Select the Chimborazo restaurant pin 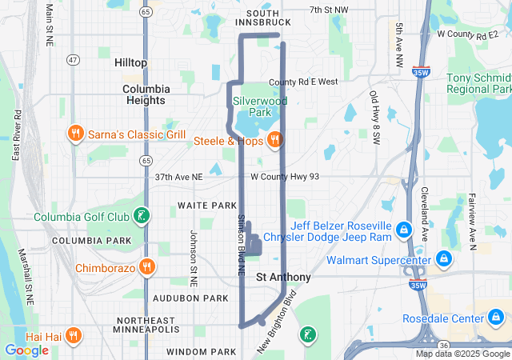[x=146, y=267]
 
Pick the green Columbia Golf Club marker [x=142, y=216]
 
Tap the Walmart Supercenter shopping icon [x=442, y=259]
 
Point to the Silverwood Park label [x=258, y=107]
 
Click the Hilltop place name [x=130, y=62]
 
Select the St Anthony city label [x=283, y=277]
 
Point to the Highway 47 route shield [x=73, y=60]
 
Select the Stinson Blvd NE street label [x=240, y=246]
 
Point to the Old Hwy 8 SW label [x=374, y=117]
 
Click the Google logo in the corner [x=26, y=350]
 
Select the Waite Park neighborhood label [x=206, y=206]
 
